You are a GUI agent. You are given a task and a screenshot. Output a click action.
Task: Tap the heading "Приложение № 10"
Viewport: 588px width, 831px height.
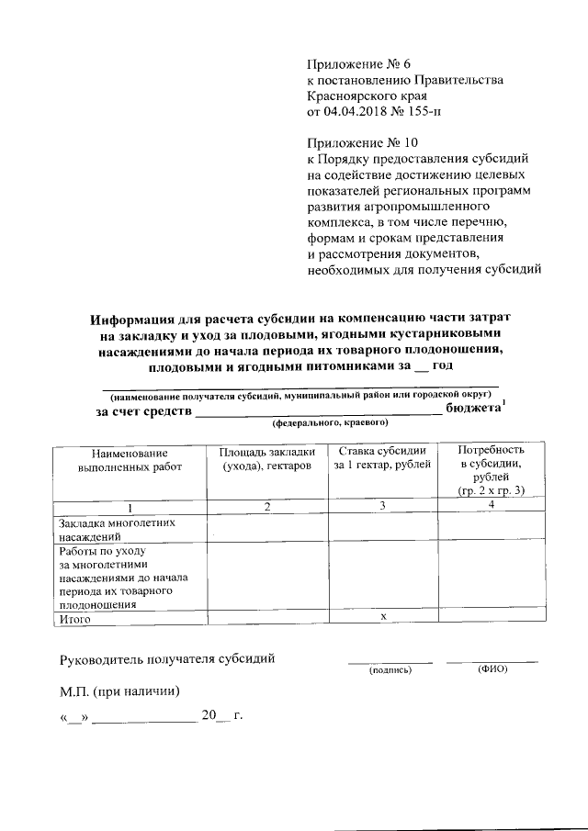(358, 144)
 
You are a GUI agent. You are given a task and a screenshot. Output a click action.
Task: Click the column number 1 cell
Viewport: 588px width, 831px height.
(130, 507)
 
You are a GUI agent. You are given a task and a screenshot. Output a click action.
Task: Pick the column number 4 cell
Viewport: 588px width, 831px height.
(492, 506)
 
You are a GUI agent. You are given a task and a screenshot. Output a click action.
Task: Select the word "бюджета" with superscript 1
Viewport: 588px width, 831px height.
(472, 409)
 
